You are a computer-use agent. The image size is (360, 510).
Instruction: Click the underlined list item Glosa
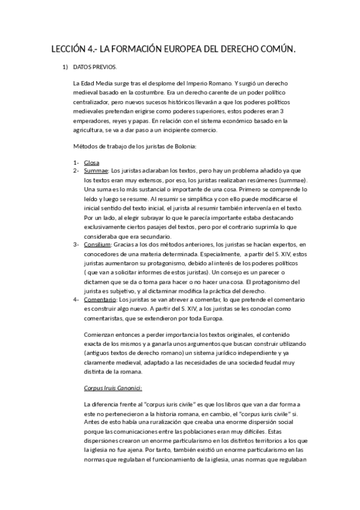[x=92, y=163]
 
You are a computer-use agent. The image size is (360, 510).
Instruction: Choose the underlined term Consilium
[x=98, y=244]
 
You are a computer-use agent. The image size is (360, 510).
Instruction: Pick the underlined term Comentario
[x=100, y=299]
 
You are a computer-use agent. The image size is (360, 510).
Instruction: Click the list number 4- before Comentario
[x=76, y=299]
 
